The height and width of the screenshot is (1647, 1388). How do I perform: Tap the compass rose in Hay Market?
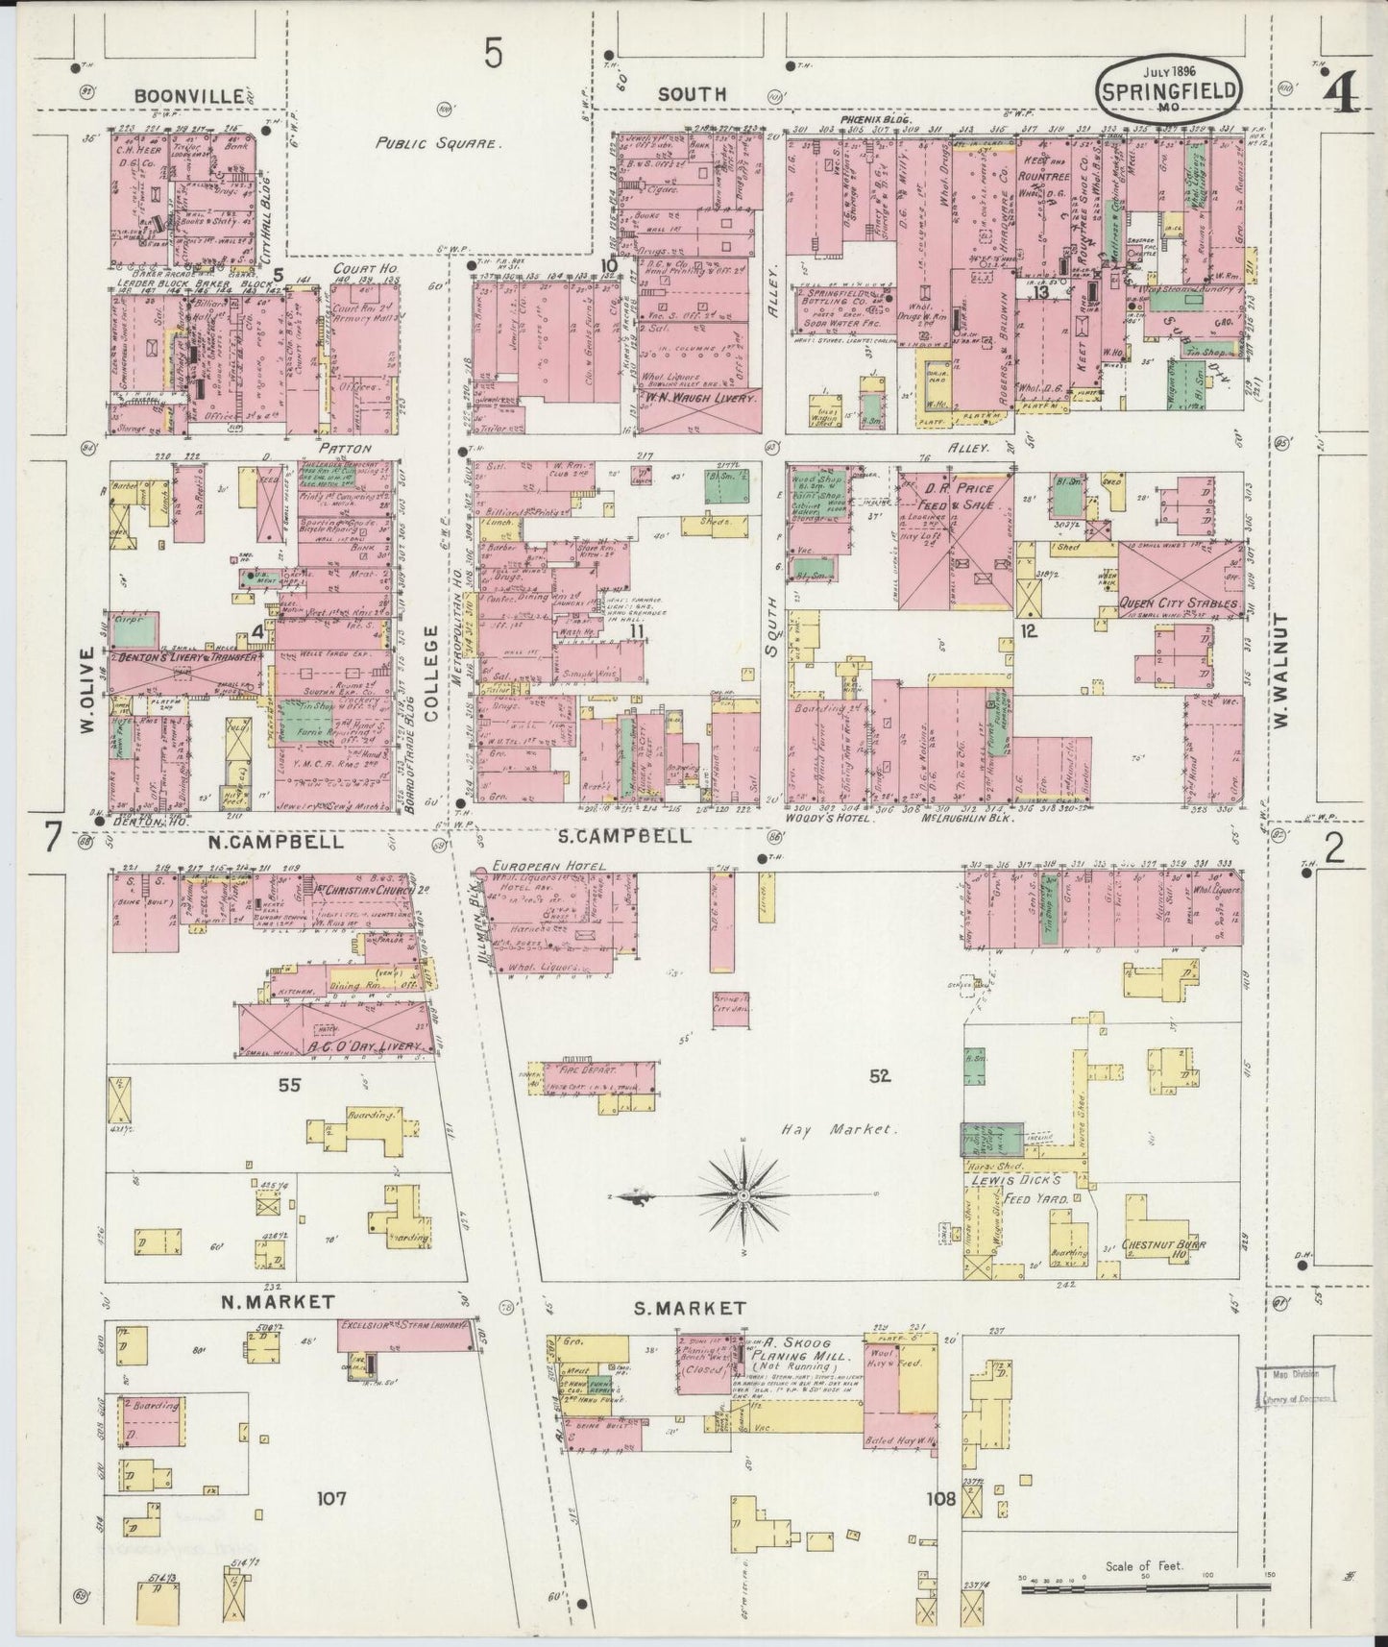tap(743, 1194)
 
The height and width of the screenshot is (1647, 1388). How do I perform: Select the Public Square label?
tap(438, 142)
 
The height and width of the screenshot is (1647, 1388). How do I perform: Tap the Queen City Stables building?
tap(1181, 578)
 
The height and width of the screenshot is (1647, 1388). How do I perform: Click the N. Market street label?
tap(277, 1301)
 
